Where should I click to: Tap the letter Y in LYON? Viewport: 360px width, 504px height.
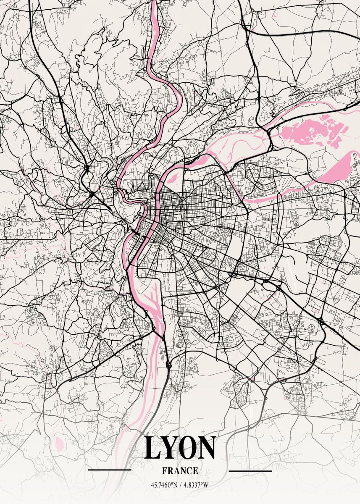pos(171,448)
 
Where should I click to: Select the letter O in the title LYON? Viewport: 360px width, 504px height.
pos(189,448)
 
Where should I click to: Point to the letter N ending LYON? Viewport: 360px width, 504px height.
pos(207,448)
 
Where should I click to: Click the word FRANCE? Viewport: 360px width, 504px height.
pos(180,471)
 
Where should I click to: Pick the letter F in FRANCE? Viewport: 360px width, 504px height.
pos(164,471)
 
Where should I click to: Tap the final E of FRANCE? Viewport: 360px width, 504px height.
pos(195,471)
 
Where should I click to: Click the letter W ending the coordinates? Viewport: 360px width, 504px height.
pos(206,485)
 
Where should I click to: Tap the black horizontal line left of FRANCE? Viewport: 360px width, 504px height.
pos(110,470)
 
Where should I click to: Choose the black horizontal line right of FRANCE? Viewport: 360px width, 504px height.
pos(250,471)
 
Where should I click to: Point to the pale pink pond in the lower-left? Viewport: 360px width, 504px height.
pos(58,441)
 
